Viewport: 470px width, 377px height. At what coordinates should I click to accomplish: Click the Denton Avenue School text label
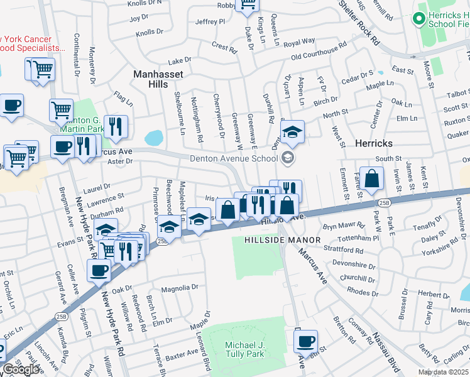coord(234,158)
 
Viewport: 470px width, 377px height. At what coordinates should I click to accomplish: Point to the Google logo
coord(21,369)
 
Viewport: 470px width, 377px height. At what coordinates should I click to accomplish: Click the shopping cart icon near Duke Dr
coord(248,4)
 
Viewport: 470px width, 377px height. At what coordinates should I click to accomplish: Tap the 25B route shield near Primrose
coord(162,241)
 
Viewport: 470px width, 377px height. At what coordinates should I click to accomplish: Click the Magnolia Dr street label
coord(180,288)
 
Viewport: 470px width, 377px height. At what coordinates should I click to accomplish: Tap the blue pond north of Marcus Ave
coord(154,137)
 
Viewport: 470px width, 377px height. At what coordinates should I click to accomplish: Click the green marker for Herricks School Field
coord(419,19)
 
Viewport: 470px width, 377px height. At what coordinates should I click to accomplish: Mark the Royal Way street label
coord(299,43)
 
